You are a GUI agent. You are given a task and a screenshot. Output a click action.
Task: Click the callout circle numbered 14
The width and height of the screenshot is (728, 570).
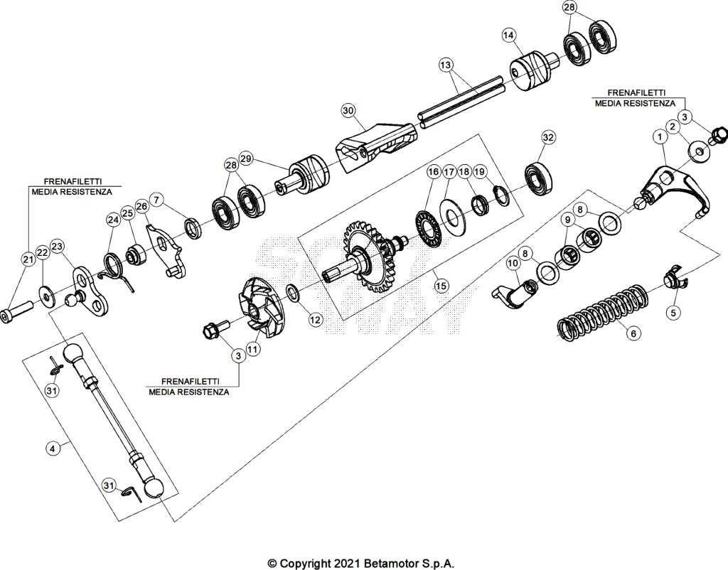[508, 35]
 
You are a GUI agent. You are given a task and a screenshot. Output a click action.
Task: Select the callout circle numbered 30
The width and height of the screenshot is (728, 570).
[348, 111]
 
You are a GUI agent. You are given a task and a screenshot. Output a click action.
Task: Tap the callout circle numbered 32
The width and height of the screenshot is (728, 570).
[548, 136]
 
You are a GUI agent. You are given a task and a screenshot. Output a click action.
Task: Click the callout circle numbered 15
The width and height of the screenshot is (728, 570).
[441, 286]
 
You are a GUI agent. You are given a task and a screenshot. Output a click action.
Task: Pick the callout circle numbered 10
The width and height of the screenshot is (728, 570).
[513, 264]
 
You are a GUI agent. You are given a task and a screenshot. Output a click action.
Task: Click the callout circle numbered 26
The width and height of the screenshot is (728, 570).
[141, 207]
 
